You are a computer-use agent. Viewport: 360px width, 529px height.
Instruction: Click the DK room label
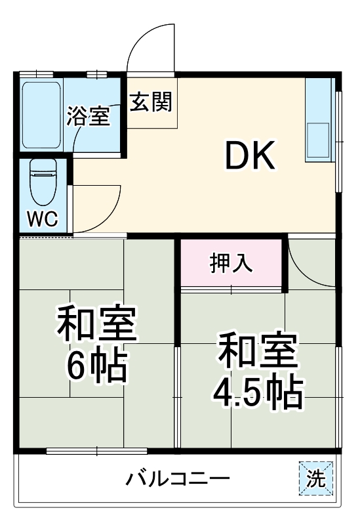pyautogui.click(x=250, y=156)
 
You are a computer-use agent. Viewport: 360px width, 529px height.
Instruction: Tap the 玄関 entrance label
pyautogui.click(x=150, y=102)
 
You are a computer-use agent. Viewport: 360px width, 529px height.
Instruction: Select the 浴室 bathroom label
pyautogui.click(x=87, y=117)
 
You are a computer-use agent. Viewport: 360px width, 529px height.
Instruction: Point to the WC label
pyautogui.click(x=42, y=217)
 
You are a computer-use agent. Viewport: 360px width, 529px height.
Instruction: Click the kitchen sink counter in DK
pyautogui.click(x=319, y=121)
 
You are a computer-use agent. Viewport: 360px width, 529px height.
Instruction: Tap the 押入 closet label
pyautogui.click(x=231, y=263)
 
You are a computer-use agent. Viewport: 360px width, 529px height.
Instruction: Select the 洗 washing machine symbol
pyautogui.click(x=316, y=478)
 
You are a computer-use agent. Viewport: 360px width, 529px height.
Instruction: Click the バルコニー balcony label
pyautogui.click(x=178, y=478)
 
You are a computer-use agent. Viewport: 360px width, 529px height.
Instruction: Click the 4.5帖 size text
pyautogui.click(x=257, y=392)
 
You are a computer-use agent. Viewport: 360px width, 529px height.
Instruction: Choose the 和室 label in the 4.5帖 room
pyautogui.click(x=258, y=351)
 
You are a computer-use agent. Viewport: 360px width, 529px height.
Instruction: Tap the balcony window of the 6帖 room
pyautogui.click(x=97, y=451)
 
